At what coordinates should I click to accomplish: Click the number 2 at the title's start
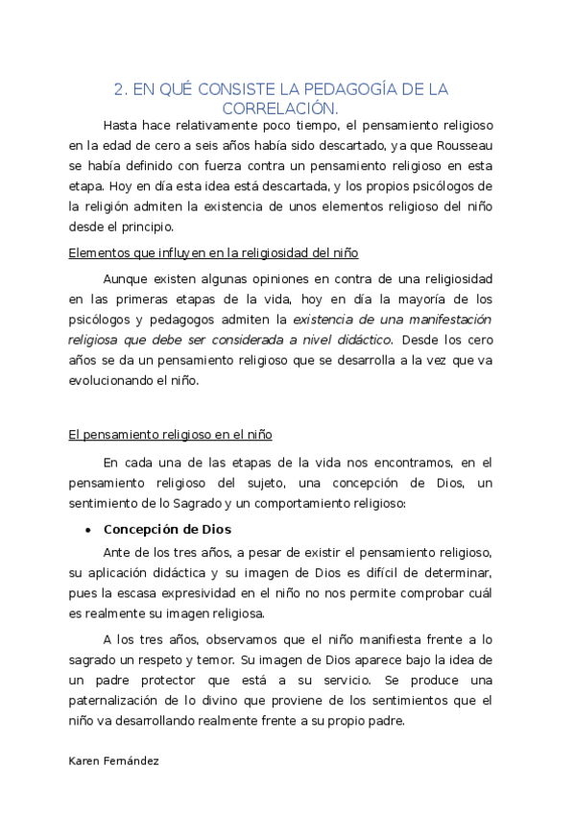tap(119, 90)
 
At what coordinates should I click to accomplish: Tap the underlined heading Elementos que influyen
tap(213, 252)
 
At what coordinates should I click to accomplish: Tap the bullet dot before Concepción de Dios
tap(88, 530)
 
